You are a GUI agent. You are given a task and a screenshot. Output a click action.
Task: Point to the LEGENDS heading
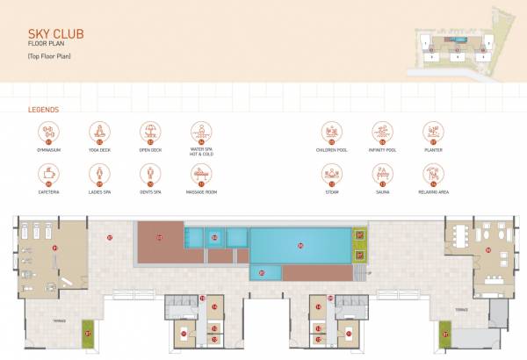(x=43, y=111)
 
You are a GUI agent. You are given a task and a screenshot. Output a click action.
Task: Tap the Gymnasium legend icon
(x=48, y=133)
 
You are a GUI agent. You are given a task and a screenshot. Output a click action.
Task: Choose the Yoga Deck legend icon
(x=99, y=133)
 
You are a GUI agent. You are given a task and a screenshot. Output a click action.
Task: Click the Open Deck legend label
(x=150, y=150)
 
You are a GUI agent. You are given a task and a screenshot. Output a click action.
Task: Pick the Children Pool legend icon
(x=331, y=133)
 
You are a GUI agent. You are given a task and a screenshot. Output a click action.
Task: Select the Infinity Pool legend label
(x=382, y=150)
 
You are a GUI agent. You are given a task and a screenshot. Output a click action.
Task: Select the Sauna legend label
(x=382, y=191)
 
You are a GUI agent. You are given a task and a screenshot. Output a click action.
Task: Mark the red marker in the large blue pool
(x=300, y=245)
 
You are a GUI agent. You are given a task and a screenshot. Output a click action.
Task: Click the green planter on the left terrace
(x=87, y=332)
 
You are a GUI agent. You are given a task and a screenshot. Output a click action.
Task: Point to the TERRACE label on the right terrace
(x=460, y=311)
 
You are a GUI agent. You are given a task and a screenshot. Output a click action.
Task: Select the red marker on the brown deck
(x=159, y=237)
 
